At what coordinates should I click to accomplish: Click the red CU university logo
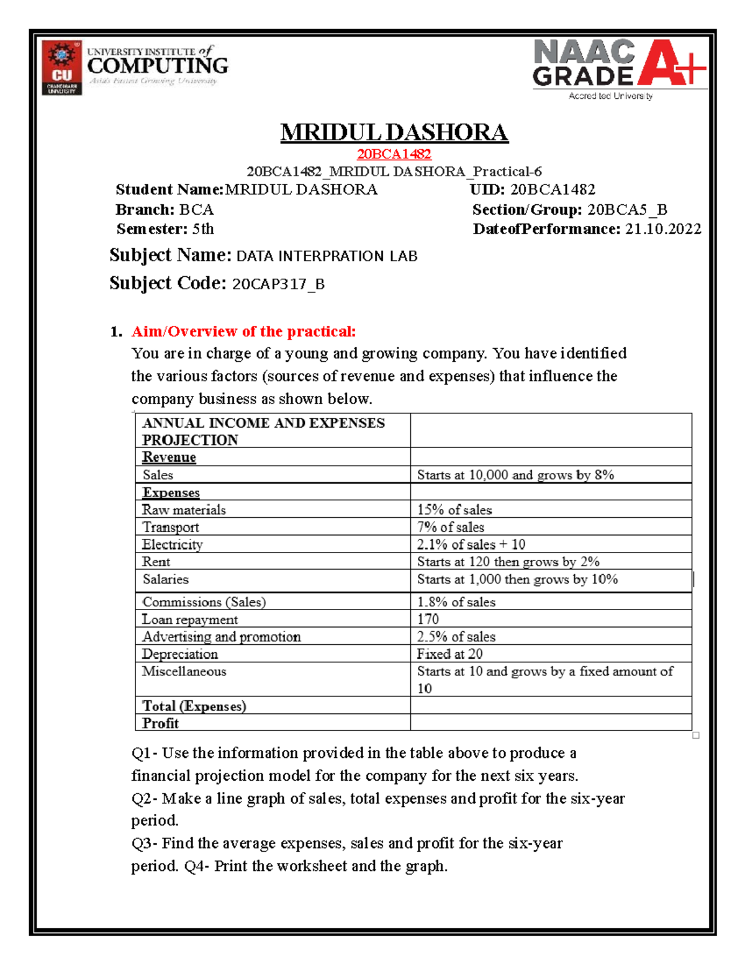click(x=61, y=68)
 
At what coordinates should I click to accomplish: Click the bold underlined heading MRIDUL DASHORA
click(x=394, y=132)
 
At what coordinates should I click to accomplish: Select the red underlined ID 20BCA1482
click(x=394, y=154)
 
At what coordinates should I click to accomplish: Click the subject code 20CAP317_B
click(x=278, y=284)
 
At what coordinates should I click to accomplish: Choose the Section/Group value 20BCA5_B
click(x=627, y=210)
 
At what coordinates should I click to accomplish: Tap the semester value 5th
click(x=203, y=229)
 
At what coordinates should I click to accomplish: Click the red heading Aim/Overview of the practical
click(x=243, y=331)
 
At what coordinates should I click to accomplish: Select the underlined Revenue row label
click(x=169, y=457)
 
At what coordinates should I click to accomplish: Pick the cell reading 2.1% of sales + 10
click(x=471, y=544)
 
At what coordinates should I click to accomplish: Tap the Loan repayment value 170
click(x=428, y=619)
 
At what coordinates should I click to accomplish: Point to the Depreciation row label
click(x=179, y=654)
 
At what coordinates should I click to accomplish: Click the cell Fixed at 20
click(x=449, y=654)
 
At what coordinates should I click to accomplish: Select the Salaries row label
click(x=165, y=579)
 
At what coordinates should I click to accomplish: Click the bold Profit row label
click(x=160, y=723)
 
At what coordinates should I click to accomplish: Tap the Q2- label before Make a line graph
click(x=144, y=798)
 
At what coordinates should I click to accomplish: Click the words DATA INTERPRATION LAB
click(x=327, y=256)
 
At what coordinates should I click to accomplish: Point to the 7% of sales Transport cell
click(x=450, y=527)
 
